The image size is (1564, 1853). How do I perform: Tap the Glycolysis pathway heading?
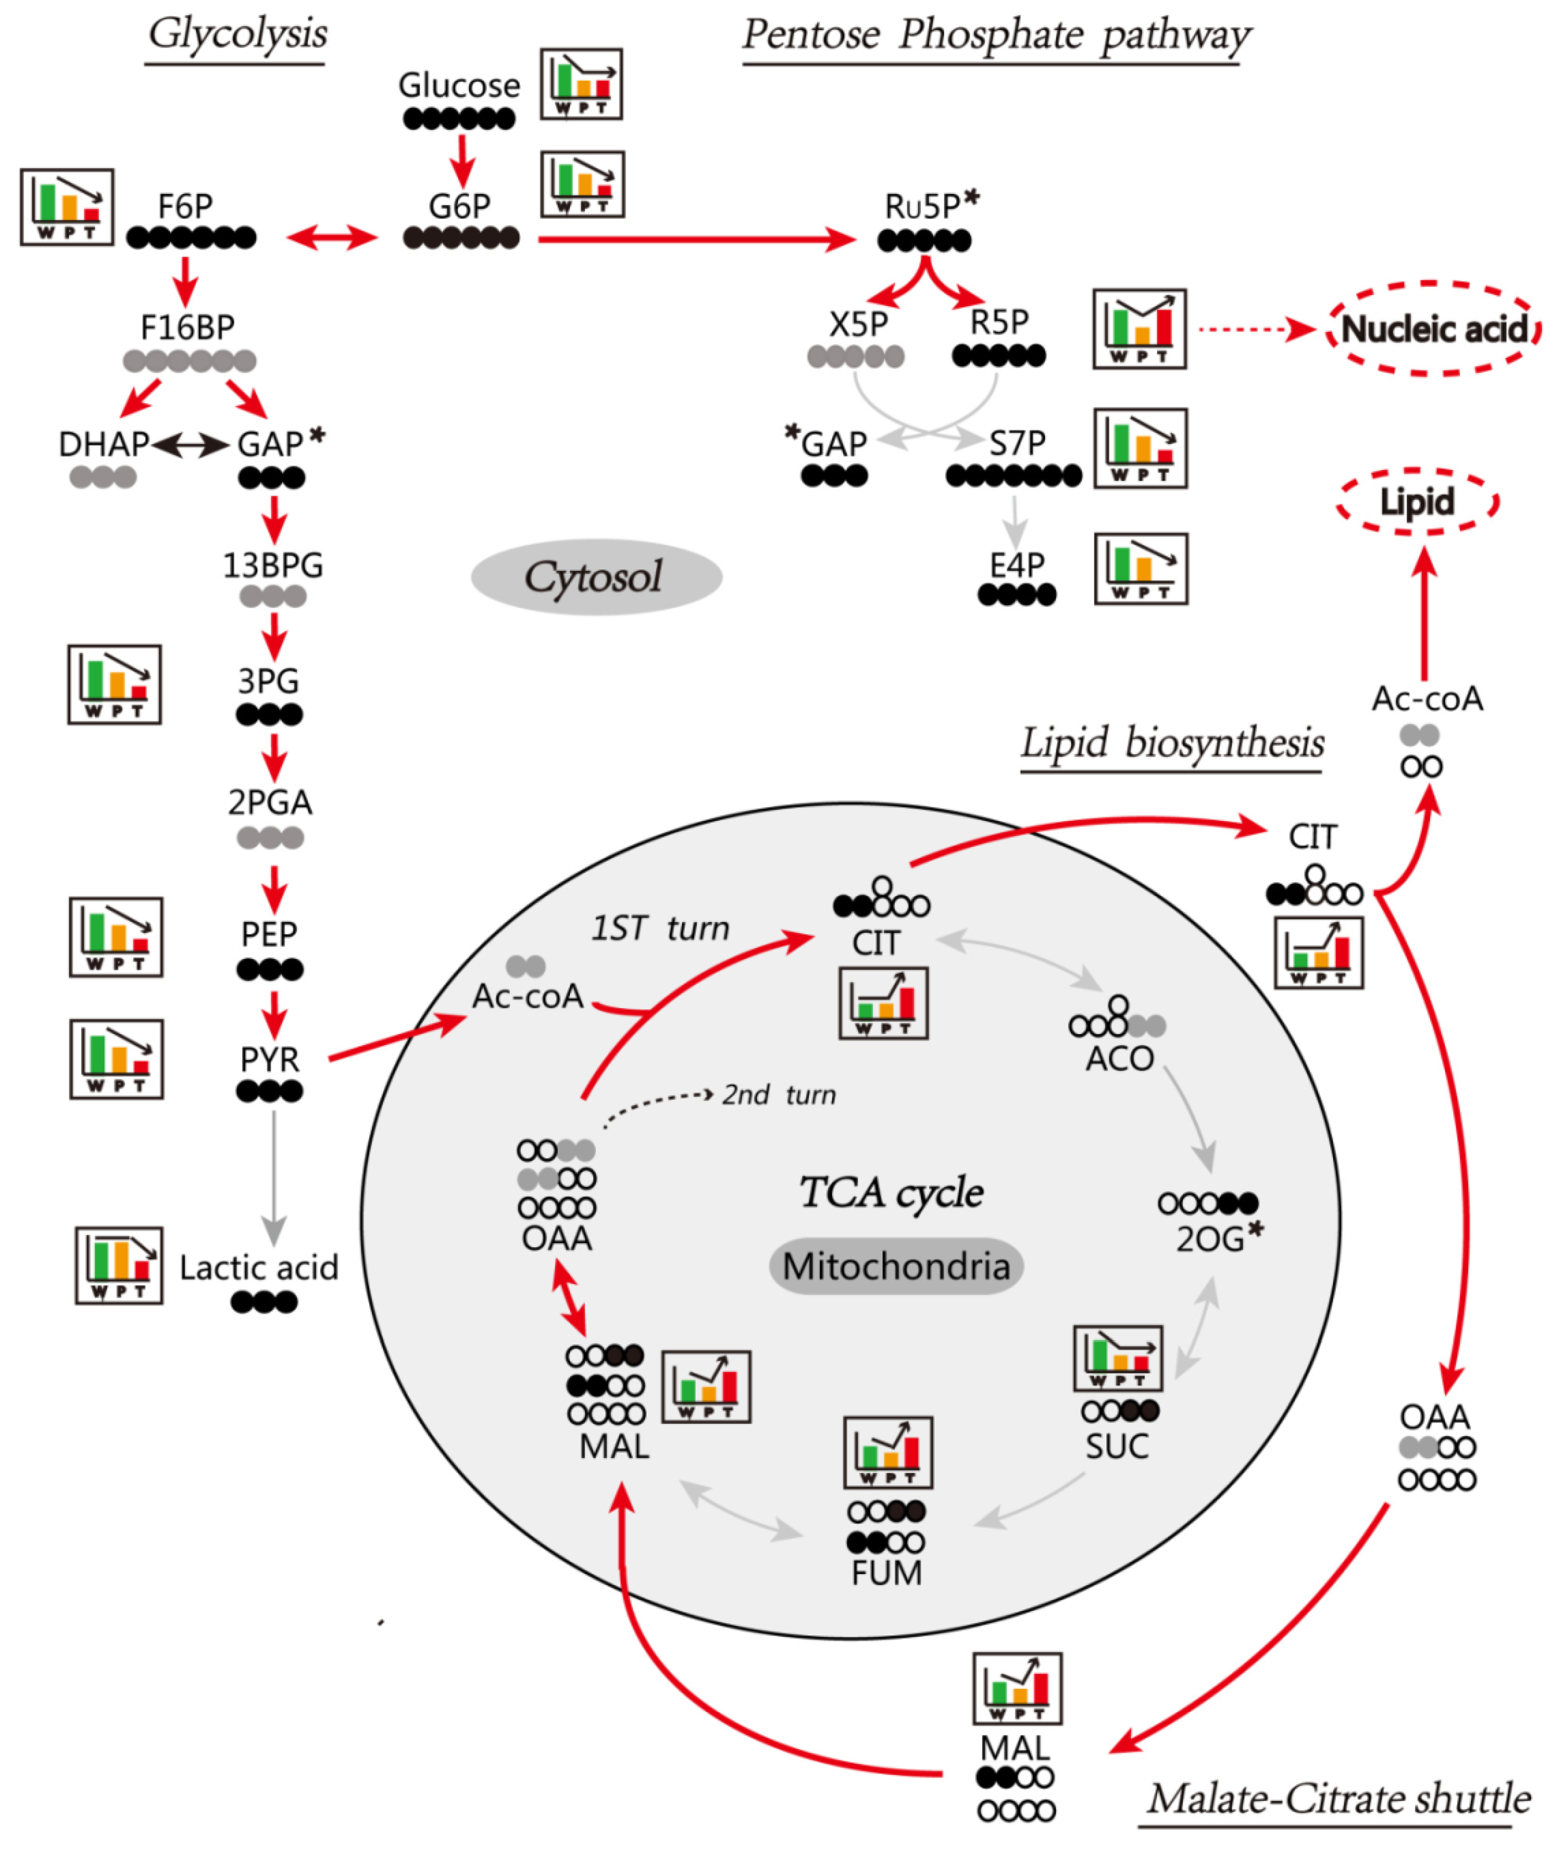coord(236,35)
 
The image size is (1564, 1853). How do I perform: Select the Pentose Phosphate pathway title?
coord(995,35)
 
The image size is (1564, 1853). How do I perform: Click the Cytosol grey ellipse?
coord(596,577)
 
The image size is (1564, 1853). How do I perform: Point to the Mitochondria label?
coord(895,1266)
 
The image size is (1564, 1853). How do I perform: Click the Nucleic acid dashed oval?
coord(1433,329)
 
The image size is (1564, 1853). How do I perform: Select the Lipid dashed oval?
coord(1417,502)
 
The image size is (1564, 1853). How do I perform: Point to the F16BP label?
coord(187,327)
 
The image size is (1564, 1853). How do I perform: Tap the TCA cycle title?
coord(891,1192)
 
